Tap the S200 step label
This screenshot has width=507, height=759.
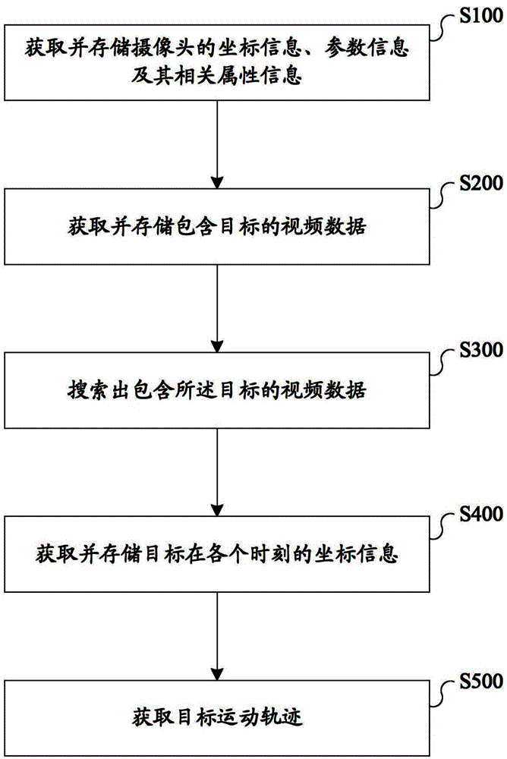point(481,183)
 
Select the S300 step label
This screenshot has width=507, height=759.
point(481,349)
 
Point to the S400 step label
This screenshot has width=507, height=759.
point(481,514)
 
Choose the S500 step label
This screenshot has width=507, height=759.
point(481,681)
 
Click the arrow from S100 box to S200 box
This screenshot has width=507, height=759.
point(217,144)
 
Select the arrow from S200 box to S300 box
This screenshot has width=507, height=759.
point(217,308)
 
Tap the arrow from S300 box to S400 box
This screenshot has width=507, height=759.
point(217,472)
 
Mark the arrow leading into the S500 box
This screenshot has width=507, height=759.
point(217,636)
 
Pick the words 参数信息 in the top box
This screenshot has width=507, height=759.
point(367,49)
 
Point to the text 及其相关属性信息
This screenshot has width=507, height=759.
point(217,76)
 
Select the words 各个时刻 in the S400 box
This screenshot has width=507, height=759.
point(250,554)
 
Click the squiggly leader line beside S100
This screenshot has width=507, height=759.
point(443,27)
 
